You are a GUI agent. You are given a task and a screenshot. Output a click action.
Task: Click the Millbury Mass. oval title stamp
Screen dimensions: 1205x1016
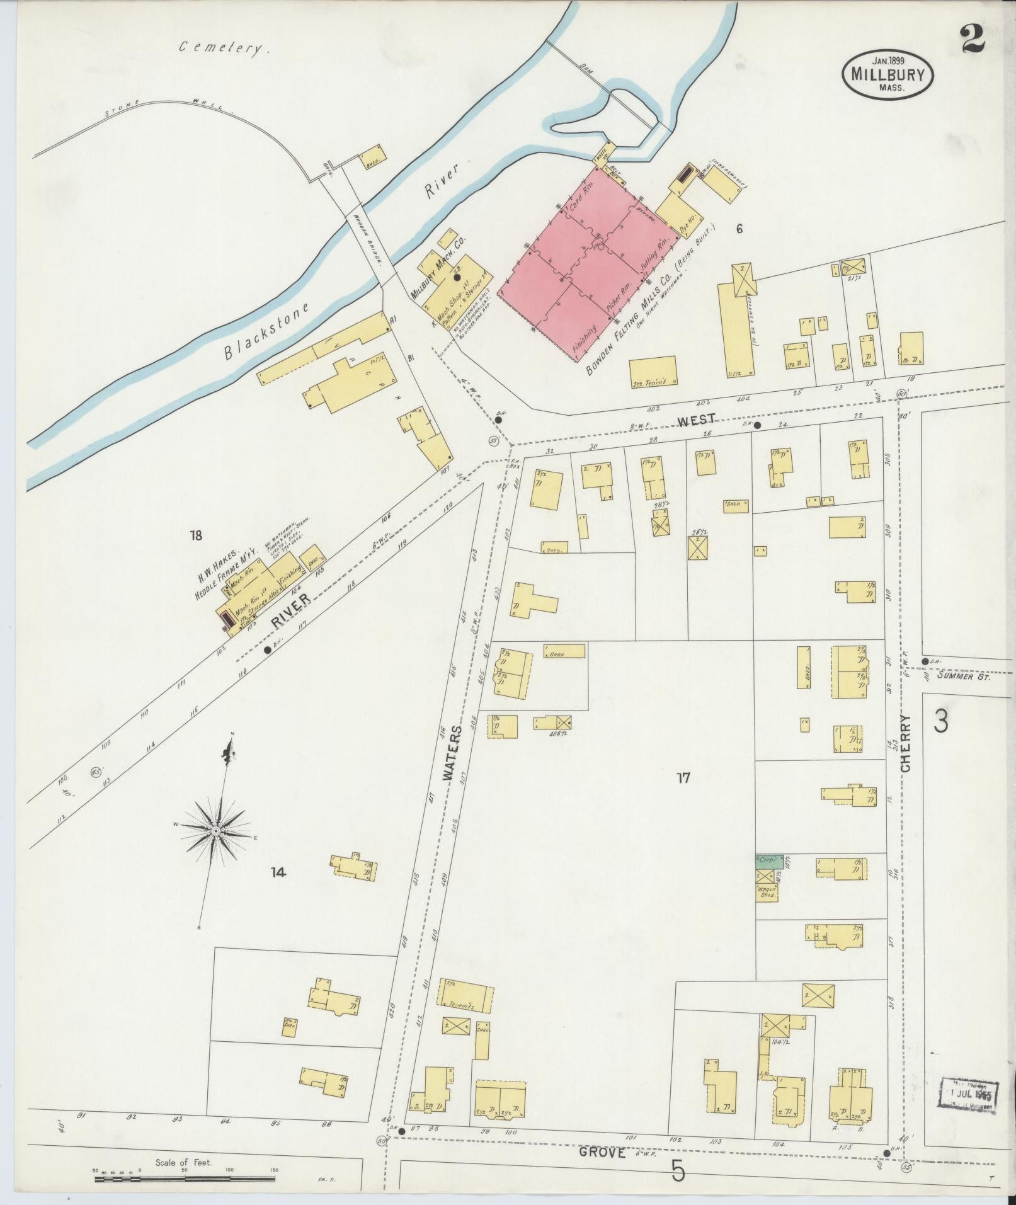888,73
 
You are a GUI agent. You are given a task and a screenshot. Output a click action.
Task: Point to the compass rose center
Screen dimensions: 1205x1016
216,831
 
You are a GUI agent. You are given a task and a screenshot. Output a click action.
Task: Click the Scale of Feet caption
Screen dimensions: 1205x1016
184,1162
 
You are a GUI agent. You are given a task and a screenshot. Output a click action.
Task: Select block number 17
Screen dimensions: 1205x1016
683,778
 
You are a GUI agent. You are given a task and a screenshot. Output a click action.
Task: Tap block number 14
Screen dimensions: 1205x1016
278,872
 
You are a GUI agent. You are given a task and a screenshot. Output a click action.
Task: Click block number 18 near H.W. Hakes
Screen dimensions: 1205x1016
196,535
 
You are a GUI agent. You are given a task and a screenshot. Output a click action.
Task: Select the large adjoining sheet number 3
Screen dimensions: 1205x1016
940,722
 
